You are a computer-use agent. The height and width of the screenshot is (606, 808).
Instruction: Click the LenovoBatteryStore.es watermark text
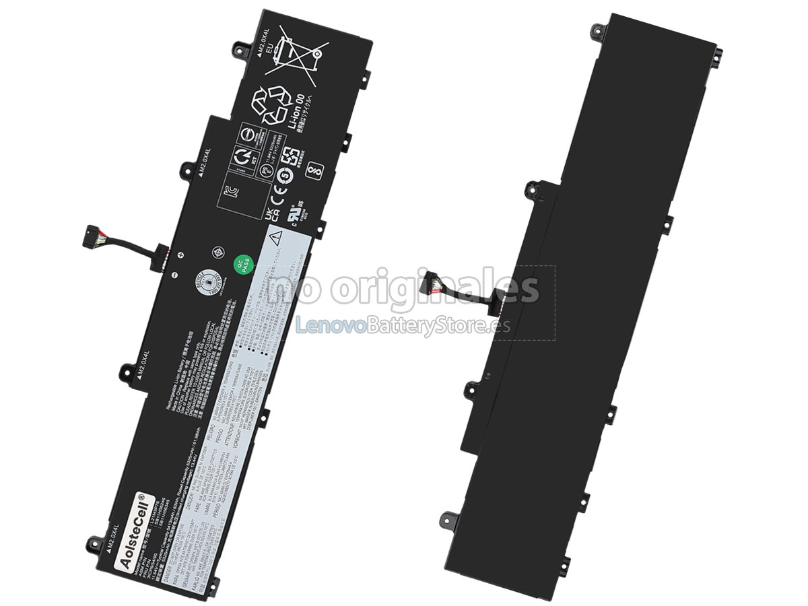(403, 327)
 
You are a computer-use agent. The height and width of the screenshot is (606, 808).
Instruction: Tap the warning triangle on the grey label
(276, 238)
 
